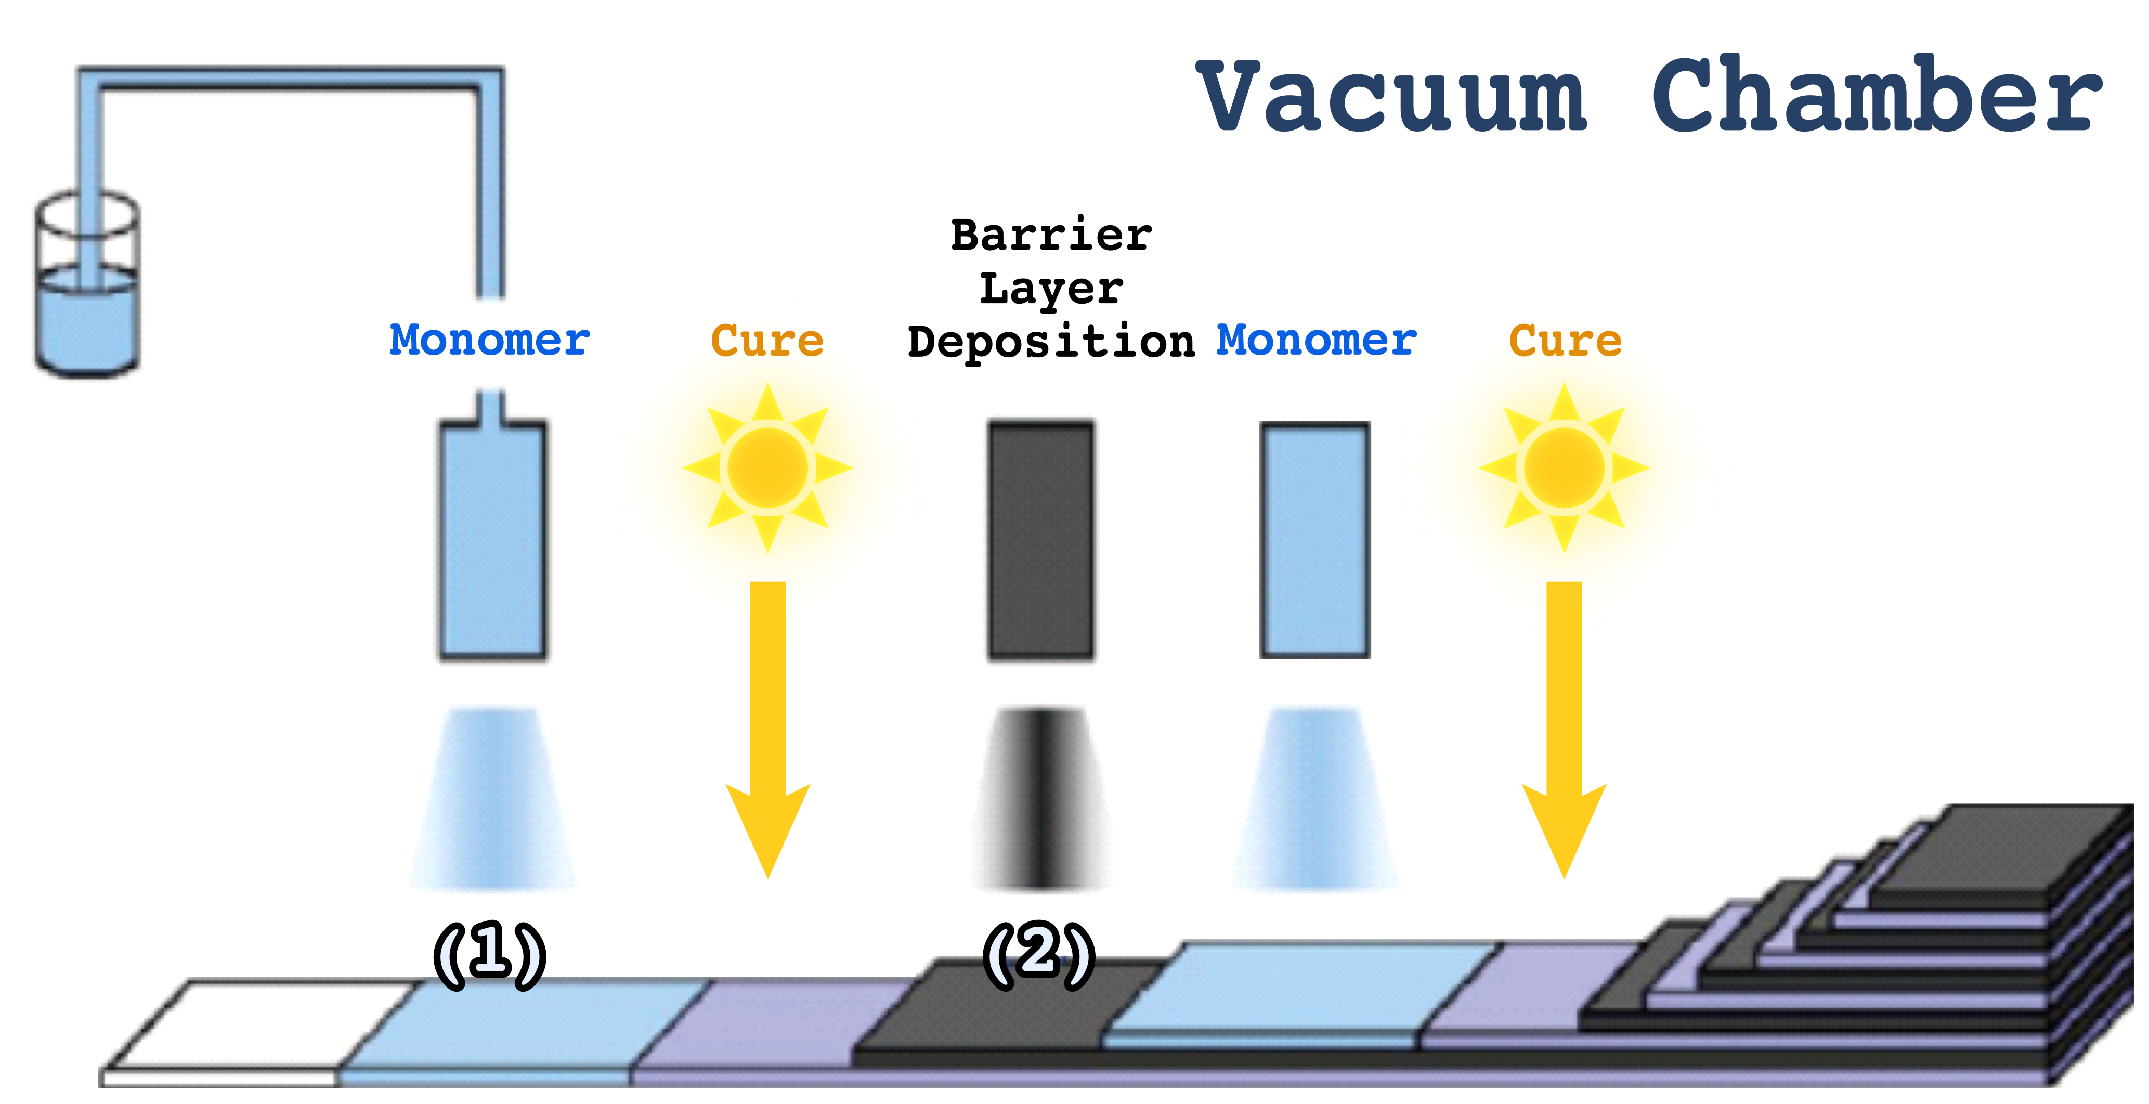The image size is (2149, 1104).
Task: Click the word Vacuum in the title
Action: (1391, 97)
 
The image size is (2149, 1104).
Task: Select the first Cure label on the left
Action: (766, 341)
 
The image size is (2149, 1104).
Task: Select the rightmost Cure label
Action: (1565, 341)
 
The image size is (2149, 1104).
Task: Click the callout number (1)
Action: (490, 954)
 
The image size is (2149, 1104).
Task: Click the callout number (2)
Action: (1039, 954)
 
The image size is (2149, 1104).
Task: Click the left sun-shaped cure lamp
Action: (767, 467)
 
